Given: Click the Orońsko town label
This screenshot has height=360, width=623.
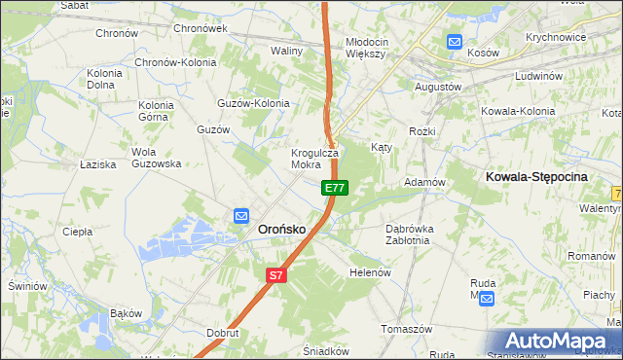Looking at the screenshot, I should click(x=281, y=228).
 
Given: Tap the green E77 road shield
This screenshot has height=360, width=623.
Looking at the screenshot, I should click(x=334, y=187).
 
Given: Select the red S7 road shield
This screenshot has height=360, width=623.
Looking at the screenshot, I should click(x=276, y=275).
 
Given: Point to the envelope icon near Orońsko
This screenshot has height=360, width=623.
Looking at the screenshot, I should click(x=240, y=217).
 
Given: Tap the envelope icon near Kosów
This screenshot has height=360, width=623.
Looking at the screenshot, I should click(x=455, y=41).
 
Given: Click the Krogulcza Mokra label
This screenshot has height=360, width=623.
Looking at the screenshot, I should click(x=313, y=159).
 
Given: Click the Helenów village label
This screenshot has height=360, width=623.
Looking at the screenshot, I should click(x=370, y=272).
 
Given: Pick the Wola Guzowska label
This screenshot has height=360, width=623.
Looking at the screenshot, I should click(x=156, y=158).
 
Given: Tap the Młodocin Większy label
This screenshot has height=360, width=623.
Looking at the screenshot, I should click(x=366, y=48).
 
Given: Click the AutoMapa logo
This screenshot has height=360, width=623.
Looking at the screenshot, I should click(x=557, y=341).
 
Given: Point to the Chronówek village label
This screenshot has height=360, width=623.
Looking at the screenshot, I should click(x=200, y=29).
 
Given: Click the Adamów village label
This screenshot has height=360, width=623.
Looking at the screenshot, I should click(x=424, y=182).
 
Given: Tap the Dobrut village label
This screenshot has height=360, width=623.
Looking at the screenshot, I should click(x=223, y=332).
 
